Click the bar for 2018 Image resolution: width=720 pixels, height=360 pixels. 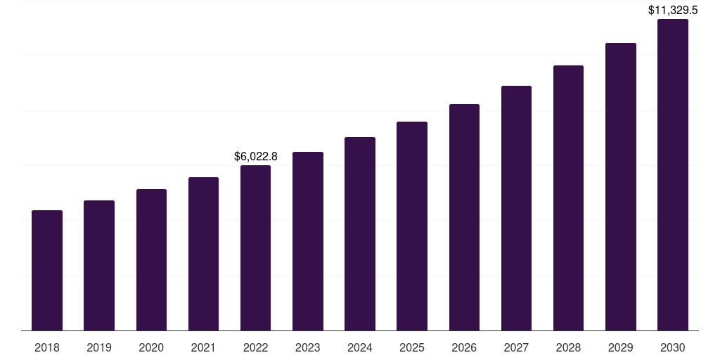47,271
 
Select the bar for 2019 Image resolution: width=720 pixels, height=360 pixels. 99,266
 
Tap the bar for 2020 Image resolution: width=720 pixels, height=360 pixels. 151,260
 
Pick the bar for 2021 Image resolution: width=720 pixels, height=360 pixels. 203,254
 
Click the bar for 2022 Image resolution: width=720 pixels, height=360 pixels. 255,248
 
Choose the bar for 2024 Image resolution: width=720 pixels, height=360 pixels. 360,234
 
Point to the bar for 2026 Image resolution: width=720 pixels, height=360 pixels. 464,217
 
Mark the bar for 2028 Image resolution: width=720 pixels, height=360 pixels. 568,198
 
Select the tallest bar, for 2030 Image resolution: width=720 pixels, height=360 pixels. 673,175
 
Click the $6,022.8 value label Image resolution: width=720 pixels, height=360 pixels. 255,157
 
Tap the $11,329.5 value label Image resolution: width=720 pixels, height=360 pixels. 673,11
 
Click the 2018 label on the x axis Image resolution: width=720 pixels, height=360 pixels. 47,347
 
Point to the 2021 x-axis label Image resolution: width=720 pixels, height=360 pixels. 203,347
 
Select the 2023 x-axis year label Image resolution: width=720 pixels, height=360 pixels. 307,347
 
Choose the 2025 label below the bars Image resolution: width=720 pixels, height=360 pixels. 412,347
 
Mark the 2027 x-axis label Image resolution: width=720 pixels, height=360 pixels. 516,347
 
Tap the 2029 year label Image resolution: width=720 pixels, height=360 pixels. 620,347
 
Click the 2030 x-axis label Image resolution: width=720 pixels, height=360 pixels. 673,347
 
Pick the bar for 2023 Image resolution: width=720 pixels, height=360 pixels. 307,241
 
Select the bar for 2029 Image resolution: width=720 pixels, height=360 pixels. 620,187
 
